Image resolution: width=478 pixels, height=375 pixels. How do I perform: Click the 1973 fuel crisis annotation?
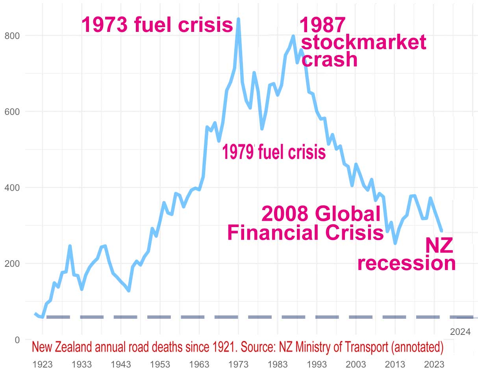tap(157, 25)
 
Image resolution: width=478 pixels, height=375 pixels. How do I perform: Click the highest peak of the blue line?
tap(238, 19)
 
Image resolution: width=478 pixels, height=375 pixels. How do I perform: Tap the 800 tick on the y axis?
tap(13, 36)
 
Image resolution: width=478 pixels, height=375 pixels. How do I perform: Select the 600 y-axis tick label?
tap(13, 112)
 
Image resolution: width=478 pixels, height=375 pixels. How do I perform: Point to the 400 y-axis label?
tap(13, 188)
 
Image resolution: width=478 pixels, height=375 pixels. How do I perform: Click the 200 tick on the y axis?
tap(13, 264)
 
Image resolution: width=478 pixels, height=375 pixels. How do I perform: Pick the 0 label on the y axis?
tap(17, 340)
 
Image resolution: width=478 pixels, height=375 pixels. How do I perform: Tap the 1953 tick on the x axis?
tap(160, 364)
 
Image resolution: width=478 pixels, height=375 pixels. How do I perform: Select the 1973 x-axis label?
tap(238, 364)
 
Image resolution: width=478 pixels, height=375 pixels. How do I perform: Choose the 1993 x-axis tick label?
tap(317, 364)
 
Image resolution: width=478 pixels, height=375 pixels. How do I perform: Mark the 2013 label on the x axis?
tap(395, 364)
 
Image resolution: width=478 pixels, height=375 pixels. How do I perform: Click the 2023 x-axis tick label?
tap(434, 364)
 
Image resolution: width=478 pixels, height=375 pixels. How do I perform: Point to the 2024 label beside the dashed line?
tap(460, 332)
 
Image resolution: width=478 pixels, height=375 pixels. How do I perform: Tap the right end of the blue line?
tap(442, 231)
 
